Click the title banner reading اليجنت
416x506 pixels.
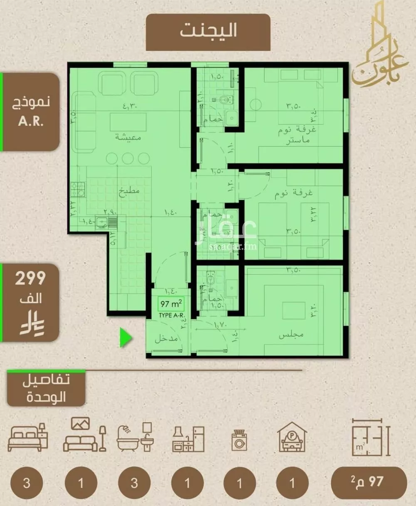(x=208, y=32)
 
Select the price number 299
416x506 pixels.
(x=30, y=278)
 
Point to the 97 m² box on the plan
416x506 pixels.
(x=171, y=304)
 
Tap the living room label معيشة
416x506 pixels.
(x=128, y=136)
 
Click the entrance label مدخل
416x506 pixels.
(x=166, y=339)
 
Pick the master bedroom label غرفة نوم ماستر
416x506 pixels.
(x=297, y=135)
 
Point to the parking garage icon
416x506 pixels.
(x=292, y=437)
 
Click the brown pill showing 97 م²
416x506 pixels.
(x=369, y=482)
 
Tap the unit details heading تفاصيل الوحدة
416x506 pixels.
(x=46, y=388)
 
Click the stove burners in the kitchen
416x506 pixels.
(x=78, y=189)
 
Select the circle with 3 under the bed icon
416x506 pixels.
(x=27, y=483)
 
